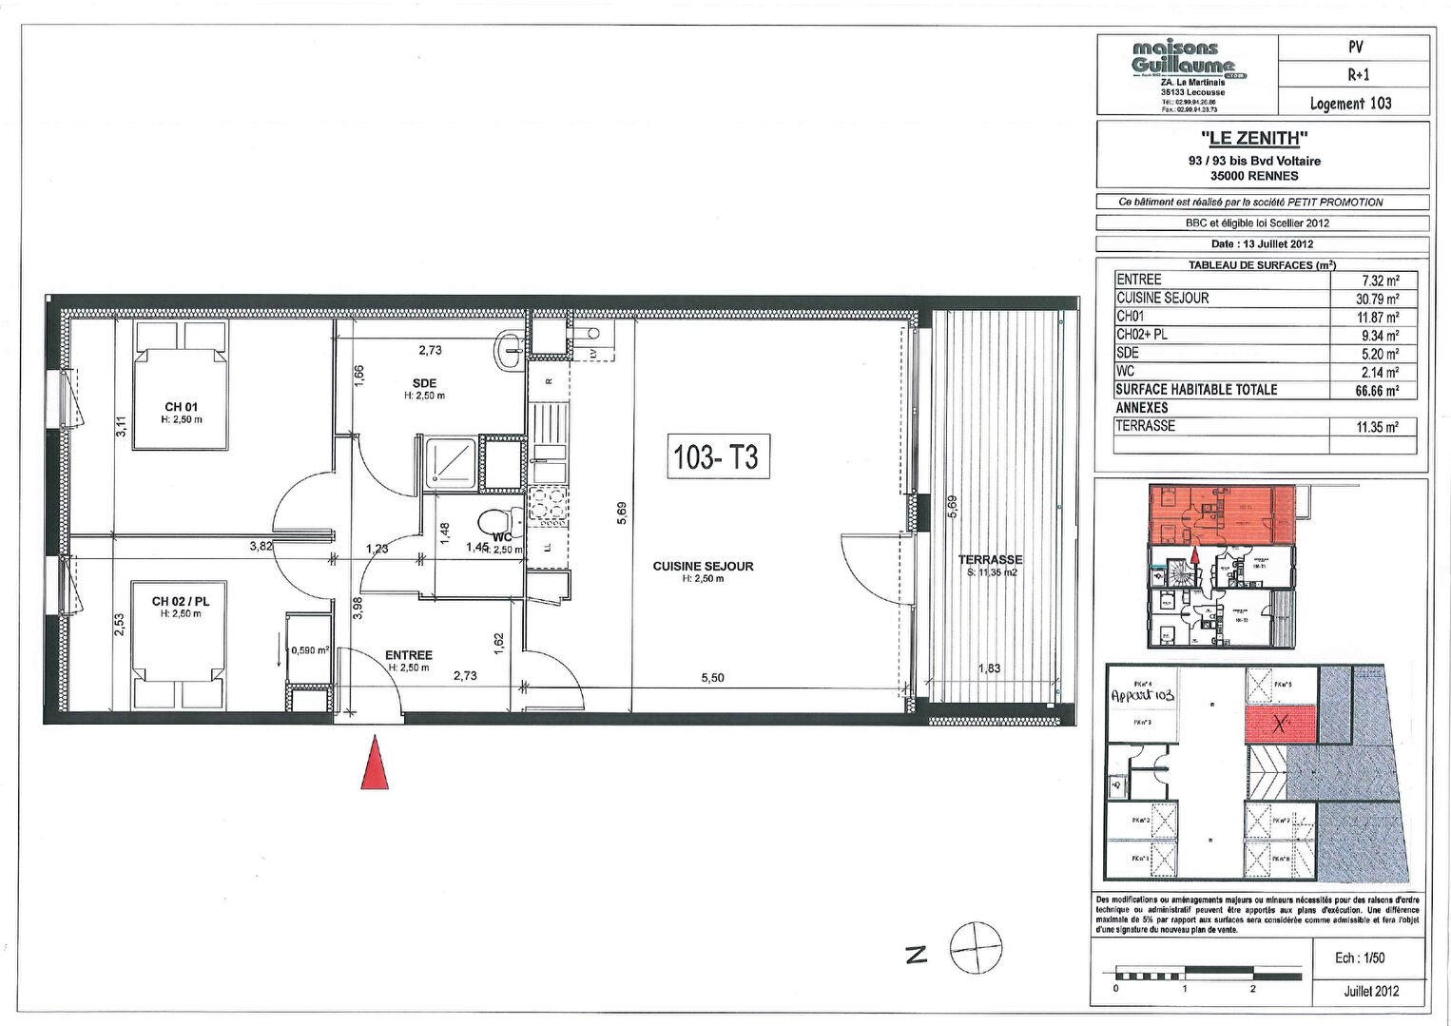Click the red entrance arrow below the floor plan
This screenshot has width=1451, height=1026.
click(x=377, y=765)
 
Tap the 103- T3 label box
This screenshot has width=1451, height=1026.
click(x=716, y=457)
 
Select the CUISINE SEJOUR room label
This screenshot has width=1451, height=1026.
click(x=703, y=567)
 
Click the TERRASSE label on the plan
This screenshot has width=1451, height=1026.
click(x=990, y=560)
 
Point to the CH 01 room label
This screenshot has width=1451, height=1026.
click(x=181, y=407)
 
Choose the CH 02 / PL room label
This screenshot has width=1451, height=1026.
click(x=181, y=601)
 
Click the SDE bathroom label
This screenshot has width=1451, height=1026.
click(x=425, y=383)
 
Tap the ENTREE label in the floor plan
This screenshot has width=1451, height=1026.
click(x=409, y=655)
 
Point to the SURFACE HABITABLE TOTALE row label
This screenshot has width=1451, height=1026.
click(x=1196, y=390)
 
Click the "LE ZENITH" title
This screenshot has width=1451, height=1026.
click(x=1262, y=140)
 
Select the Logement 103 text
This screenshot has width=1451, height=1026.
click(x=1351, y=104)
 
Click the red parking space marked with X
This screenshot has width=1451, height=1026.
click(x=1280, y=725)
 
